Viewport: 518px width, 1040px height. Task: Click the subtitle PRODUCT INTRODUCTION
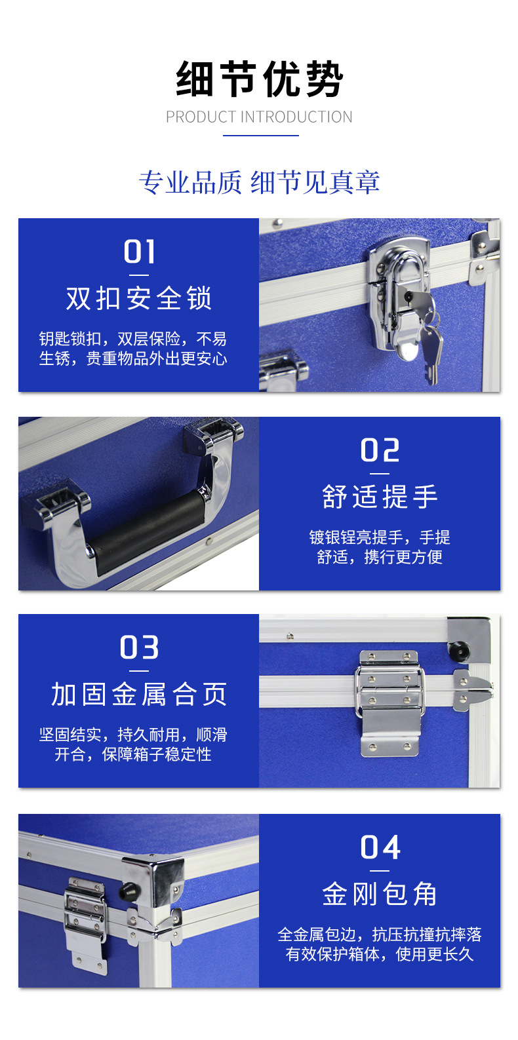coord(259,117)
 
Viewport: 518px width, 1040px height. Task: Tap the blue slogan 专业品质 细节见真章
coord(259,182)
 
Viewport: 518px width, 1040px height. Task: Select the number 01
coord(139,252)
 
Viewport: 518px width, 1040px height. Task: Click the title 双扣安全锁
coord(139,298)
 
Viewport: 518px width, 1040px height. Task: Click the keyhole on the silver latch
coord(408,296)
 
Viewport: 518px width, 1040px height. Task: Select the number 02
coord(380,450)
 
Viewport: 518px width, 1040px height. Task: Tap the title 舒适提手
coord(380,497)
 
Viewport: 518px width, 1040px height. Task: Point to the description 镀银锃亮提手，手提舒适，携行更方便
coord(380,547)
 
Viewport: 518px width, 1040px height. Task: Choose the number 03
coord(139,647)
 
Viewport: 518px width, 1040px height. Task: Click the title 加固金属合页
coord(139,694)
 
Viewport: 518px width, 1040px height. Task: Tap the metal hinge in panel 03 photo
coord(389,702)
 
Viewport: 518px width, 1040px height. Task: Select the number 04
coord(380,847)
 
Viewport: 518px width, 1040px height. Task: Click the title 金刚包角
coord(380,894)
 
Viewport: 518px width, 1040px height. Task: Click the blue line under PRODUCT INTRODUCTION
coord(260,136)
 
